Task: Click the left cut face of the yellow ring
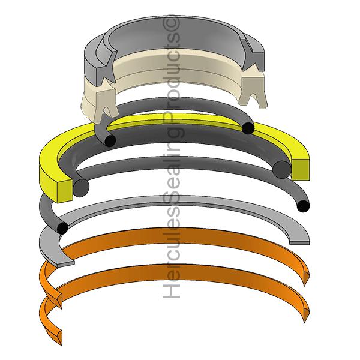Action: [65, 191]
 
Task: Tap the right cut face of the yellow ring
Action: [301, 169]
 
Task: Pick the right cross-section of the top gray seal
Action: [253, 55]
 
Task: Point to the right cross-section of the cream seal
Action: [253, 91]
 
